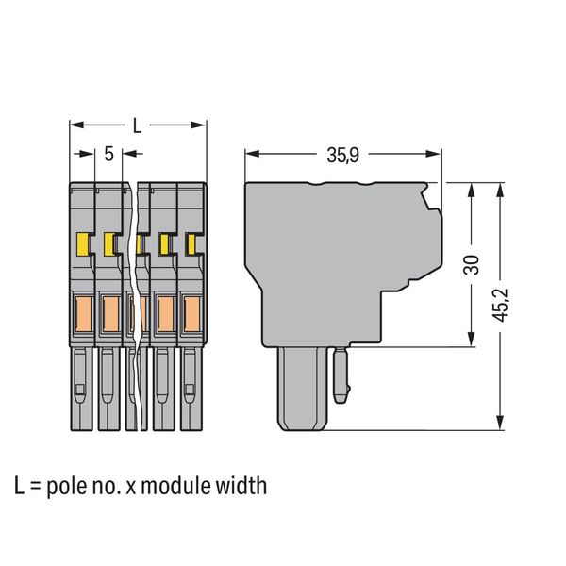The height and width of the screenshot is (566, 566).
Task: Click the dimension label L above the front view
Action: (x=137, y=125)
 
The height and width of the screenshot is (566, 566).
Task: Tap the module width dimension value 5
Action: (x=108, y=154)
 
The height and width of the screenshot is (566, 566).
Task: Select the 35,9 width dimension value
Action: (x=343, y=156)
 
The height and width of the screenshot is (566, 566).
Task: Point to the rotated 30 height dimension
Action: (x=472, y=264)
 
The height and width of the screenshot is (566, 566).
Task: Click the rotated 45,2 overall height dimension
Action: (x=501, y=305)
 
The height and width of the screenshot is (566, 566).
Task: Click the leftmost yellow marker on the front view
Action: (x=83, y=244)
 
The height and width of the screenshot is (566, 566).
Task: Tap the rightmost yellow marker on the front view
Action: (x=191, y=244)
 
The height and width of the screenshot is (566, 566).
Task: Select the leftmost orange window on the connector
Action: (x=83, y=314)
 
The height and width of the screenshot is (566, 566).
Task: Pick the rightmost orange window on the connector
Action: (x=191, y=314)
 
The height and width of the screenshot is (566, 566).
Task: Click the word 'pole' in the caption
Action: (x=67, y=487)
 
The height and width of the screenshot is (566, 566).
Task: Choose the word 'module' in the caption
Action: (x=175, y=486)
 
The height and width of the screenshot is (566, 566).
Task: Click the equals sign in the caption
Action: (x=36, y=487)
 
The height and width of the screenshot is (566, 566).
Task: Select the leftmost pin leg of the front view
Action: (x=81, y=389)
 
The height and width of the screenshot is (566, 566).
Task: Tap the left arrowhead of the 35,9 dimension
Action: (x=252, y=154)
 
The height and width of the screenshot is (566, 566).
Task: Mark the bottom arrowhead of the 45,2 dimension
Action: (x=500, y=423)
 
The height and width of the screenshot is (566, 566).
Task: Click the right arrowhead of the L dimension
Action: (x=198, y=125)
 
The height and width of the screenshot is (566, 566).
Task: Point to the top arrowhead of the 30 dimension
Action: (x=471, y=190)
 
